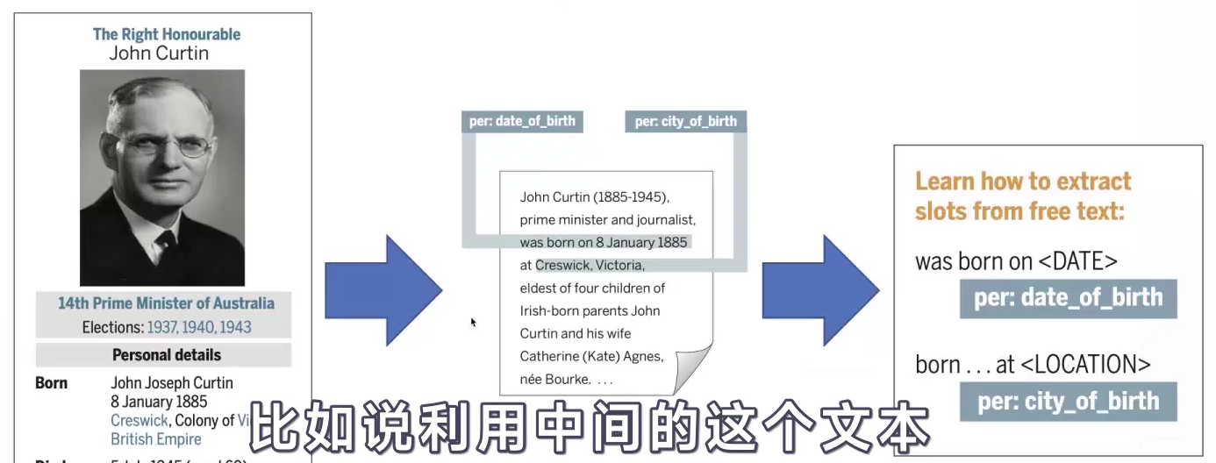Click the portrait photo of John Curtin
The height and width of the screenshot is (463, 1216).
(162, 177)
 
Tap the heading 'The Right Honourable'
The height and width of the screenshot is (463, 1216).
(167, 34)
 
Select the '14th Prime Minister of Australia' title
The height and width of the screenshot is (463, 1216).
(166, 303)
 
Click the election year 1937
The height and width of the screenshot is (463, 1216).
(161, 327)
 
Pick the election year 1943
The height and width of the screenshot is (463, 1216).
(235, 327)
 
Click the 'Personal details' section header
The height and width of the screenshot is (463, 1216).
(166, 355)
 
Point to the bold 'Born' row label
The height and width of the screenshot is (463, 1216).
(51, 383)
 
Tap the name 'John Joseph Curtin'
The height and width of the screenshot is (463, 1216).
(172, 383)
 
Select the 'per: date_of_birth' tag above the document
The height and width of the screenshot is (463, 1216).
(522, 121)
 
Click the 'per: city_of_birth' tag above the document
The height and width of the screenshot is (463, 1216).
(686, 121)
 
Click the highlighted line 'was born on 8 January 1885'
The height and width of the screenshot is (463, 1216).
(604, 242)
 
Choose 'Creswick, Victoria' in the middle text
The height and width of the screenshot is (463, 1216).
(590, 265)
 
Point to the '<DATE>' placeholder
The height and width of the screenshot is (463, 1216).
(1074, 261)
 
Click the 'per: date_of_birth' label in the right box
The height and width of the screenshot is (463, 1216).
(1068, 298)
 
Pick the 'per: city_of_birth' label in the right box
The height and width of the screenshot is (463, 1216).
(1069, 402)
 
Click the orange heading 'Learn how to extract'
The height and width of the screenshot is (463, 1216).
(1023, 182)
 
